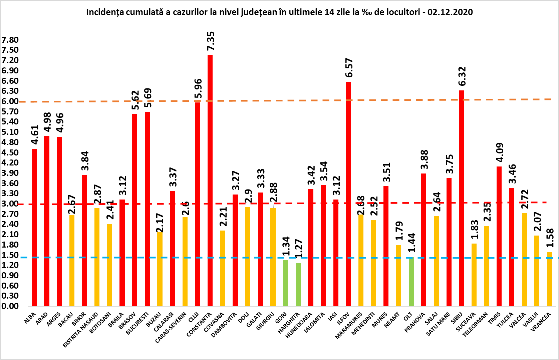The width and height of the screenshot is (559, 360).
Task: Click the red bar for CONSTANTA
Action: point(210,180)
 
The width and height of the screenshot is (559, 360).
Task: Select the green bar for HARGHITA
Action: point(298,284)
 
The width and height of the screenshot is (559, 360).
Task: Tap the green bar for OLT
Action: point(411,282)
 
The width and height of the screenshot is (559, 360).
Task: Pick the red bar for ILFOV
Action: point(348,194)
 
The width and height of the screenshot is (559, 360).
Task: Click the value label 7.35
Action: point(211,41)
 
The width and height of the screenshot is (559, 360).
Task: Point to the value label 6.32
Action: point(462,76)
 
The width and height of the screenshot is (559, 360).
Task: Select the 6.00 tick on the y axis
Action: point(10,101)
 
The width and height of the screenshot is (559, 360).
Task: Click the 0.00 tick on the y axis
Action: point(10,306)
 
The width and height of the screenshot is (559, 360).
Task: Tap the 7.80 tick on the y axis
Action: point(10,40)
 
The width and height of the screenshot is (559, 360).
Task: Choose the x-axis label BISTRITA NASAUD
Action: point(81,330)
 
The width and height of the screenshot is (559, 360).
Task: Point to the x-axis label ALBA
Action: point(30,319)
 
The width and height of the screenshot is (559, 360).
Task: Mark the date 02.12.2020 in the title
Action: point(450,12)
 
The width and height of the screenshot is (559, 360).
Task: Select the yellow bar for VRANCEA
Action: point(549,279)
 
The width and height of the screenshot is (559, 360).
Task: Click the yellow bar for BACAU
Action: point(72,260)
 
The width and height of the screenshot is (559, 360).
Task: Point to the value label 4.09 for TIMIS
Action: point(500,152)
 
